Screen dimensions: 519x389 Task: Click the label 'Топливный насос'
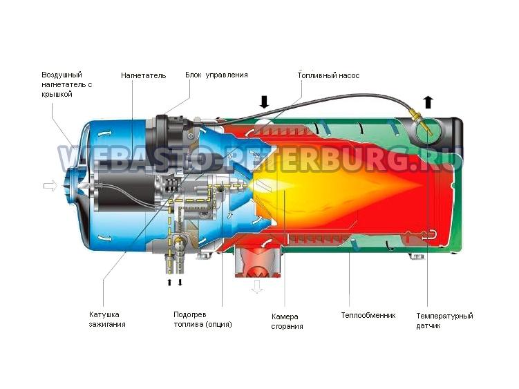pyautogui.click(x=328, y=76)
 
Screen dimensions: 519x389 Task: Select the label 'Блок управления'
pyautogui.click(x=216, y=75)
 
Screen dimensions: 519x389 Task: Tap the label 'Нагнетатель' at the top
pyautogui.click(x=143, y=75)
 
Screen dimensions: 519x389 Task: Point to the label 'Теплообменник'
pyautogui.click(x=368, y=315)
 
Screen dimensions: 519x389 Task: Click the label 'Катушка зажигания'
pyautogui.click(x=107, y=319)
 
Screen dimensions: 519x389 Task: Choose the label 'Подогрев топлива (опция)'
pyautogui.click(x=202, y=319)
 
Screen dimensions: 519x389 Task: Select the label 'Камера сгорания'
pyautogui.click(x=287, y=321)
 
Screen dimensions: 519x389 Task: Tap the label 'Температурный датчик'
pyautogui.click(x=444, y=321)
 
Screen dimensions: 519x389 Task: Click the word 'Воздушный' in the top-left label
pyautogui.click(x=62, y=75)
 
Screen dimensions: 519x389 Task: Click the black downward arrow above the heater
pyautogui.click(x=264, y=102)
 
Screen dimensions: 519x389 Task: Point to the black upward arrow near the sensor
pyautogui.click(x=428, y=102)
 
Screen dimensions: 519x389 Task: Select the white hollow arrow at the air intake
pyautogui.click(x=50, y=186)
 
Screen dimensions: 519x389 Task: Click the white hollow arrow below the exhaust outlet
pyautogui.click(x=256, y=287)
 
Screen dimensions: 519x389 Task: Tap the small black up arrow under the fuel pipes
pyautogui.click(x=169, y=283)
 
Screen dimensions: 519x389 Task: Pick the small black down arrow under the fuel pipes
pyautogui.click(x=180, y=283)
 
